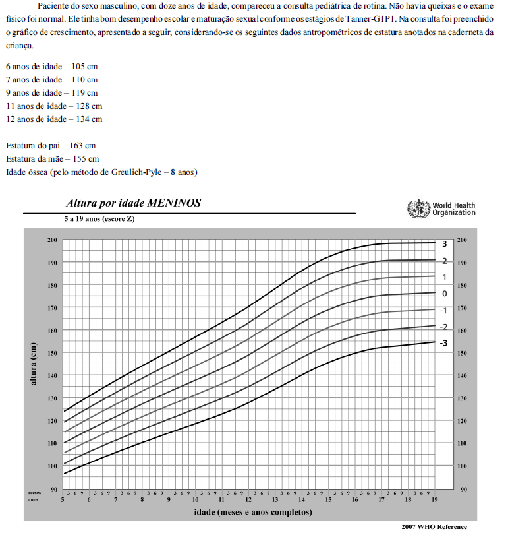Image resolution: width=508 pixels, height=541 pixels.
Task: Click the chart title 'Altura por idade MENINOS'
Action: click(133, 203)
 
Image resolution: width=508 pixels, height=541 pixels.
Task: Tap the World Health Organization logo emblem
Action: click(418, 208)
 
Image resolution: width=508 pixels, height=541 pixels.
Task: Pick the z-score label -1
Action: click(444, 310)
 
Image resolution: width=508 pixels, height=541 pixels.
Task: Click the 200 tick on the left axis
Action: click(52, 239)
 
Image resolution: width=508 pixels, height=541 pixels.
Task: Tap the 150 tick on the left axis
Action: click(52, 353)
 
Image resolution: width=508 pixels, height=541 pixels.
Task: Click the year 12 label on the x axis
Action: click(248, 500)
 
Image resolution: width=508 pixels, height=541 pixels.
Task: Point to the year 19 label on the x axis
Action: click(434, 500)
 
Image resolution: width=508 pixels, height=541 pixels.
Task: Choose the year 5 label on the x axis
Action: click(63, 500)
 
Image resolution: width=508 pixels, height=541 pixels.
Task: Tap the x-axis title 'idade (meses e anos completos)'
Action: click(252, 511)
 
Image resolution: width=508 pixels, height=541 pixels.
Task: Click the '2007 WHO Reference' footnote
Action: click(434, 526)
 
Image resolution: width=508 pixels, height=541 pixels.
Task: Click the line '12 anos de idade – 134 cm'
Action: click(54, 119)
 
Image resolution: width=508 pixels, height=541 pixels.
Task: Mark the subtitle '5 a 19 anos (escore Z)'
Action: click(99, 218)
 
